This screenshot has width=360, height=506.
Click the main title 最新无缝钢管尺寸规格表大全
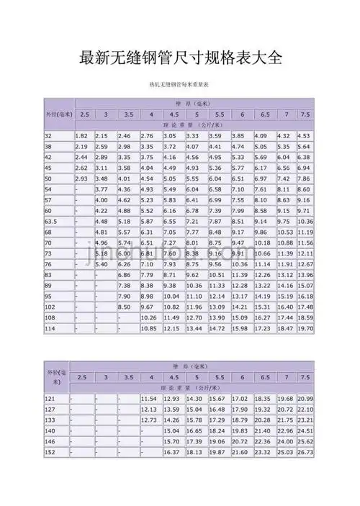[x=180, y=57]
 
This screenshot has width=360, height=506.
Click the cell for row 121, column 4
[x=149, y=399]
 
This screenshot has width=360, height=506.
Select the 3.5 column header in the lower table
[x=128, y=378]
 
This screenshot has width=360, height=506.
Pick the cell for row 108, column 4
[x=149, y=317]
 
